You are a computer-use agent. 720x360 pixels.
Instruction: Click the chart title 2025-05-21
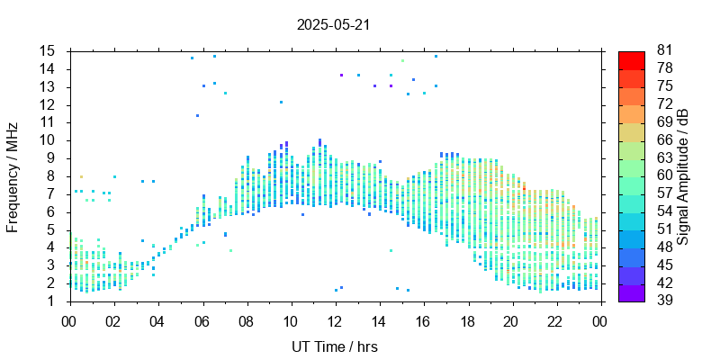[x=333, y=24]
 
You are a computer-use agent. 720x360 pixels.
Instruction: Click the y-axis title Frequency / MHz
[x=13, y=175]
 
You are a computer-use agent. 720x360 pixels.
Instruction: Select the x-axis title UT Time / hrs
[x=334, y=346]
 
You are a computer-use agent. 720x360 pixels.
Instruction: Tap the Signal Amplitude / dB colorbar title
[x=684, y=175]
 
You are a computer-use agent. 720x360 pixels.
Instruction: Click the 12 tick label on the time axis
[x=335, y=320]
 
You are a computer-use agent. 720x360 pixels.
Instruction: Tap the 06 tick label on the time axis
[x=202, y=320]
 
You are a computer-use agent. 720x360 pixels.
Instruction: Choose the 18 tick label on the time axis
[x=467, y=320]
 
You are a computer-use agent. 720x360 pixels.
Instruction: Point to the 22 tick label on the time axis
[x=555, y=320]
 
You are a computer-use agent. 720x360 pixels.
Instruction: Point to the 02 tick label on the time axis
[x=113, y=320]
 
